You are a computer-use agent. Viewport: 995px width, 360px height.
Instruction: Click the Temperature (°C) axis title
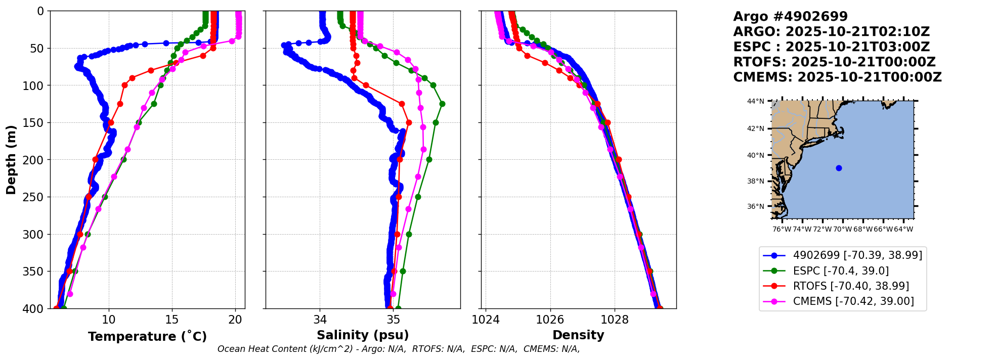[147, 337]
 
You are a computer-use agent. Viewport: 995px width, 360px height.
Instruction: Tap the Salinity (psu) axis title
[363, 335]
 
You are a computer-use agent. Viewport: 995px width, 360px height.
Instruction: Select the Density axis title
[578, 335]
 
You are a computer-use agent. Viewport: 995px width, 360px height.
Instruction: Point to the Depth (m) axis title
[11, 160]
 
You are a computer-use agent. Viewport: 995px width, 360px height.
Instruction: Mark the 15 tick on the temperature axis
[172, 320]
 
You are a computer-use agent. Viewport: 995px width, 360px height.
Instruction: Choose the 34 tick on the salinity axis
[320, 320]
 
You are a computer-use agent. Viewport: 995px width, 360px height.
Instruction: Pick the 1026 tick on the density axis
[550, 320]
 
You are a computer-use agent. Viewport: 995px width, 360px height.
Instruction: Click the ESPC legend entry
[841, 271]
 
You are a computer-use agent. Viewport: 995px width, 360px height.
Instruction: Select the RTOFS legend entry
[851, 286]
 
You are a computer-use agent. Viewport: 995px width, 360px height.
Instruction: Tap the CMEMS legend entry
[853, 301]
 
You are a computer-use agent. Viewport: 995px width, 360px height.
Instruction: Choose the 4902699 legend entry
[857, 255]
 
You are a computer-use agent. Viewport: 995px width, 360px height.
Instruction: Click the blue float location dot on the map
[839, 168]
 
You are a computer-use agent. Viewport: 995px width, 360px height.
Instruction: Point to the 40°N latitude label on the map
[756, 155]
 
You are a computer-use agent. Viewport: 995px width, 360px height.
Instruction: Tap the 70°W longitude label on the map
[843, 229]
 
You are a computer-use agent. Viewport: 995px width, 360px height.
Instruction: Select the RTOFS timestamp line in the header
[834, 62]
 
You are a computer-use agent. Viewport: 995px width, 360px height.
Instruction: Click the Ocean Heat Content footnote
[398, 349]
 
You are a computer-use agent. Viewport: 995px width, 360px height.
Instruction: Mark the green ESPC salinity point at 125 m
[442, 104]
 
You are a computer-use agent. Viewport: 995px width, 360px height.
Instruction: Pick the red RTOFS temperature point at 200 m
[95, 159]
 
